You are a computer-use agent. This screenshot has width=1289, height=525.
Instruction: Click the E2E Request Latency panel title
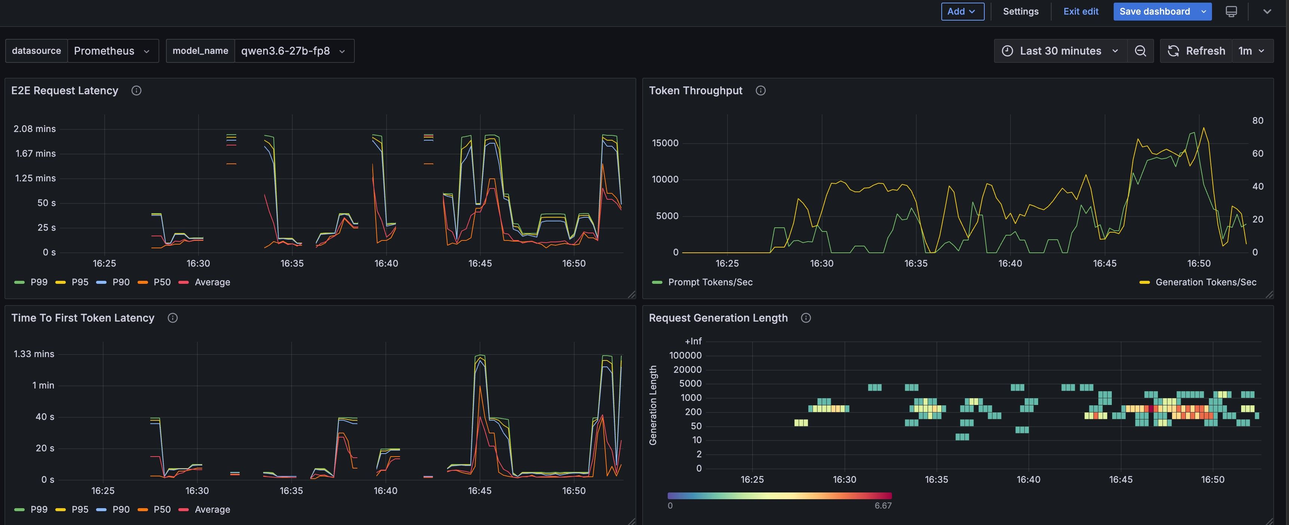pyautogui.click(x=65, y=90)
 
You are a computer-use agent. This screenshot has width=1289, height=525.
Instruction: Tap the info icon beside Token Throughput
pyautogui.click(x=761, y=90)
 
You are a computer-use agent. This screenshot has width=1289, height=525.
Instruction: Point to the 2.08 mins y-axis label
pyautogui.click(x=34, y=129)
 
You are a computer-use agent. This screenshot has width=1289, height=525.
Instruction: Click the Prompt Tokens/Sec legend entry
pyautogui.click(x=702, y=282)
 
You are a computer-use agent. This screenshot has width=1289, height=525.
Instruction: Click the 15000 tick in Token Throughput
pyautogui.click(x=665, y=143)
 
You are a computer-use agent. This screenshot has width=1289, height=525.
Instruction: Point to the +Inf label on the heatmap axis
pyautogui.click(x=693, y=341)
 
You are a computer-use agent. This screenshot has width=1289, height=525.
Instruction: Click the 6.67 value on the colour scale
pyautogui.click(x=883, y=506)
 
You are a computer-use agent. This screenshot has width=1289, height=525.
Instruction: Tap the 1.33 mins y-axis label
pyautogui.click(x=34, y=354)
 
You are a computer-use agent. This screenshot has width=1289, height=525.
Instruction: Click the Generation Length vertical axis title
pyautogui.click(x=653, y=405)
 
